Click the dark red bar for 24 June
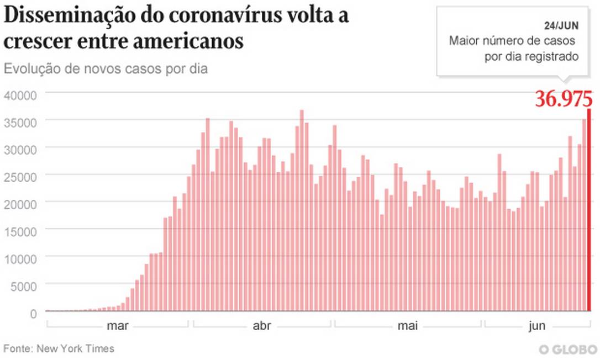[x=590, y=210]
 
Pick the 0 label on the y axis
[x=33, y=314]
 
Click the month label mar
[x=117, y=326]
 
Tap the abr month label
[x=262, y=326]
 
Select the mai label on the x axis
[x=407, y=326]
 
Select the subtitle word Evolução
[x=29, y=70]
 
